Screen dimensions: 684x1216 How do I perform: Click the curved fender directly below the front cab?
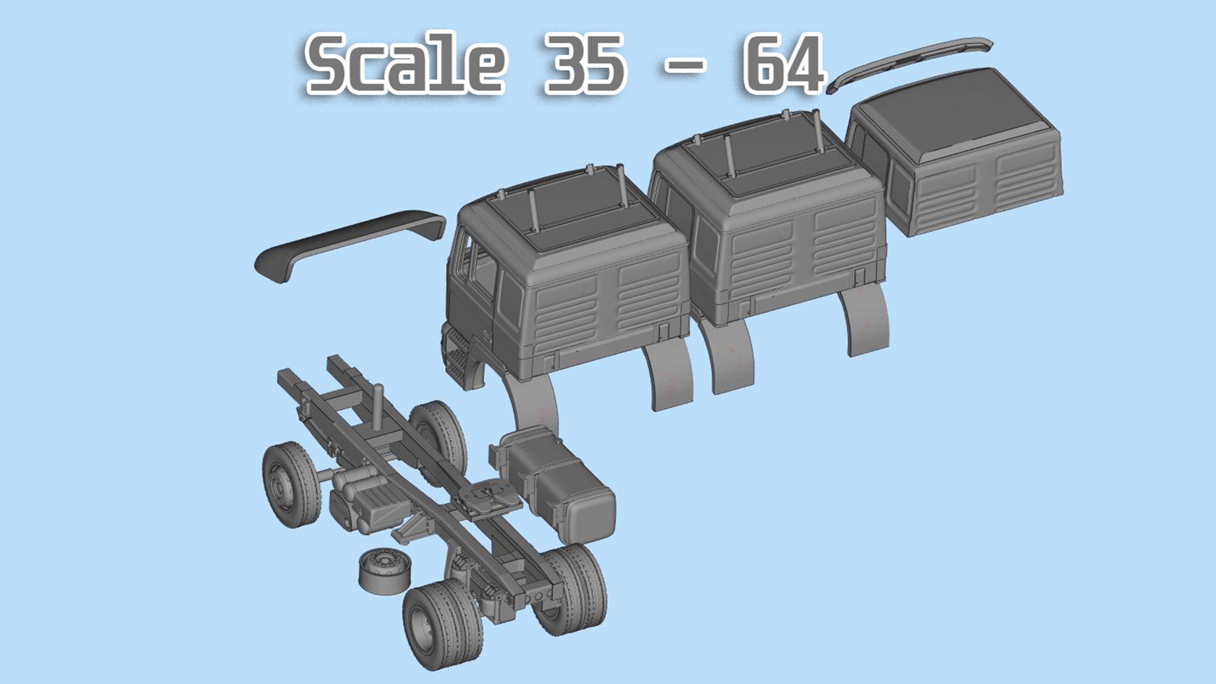pyautogui.click(x=534, y=406)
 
